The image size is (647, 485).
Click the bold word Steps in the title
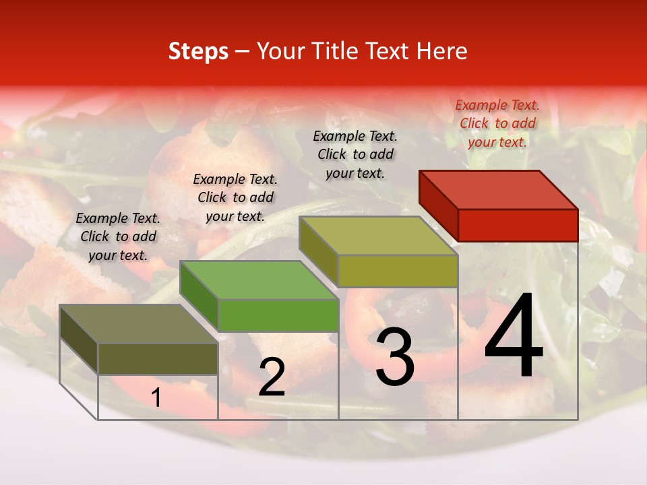coord(198,52)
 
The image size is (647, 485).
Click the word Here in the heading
coord(442,52)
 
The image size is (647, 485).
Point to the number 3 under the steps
coord(394,357)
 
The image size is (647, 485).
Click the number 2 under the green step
coord(272,377)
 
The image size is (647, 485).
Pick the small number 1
coord(156,398)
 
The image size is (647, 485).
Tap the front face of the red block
coord(518,225)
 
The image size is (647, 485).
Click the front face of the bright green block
coord(278,315)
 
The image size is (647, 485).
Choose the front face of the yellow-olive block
coord(398,271)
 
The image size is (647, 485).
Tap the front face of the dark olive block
coord(158,359)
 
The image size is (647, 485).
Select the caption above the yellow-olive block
coord(355,154)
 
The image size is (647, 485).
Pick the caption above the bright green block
coord(235,197)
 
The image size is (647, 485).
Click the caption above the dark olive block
coord(118,236)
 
